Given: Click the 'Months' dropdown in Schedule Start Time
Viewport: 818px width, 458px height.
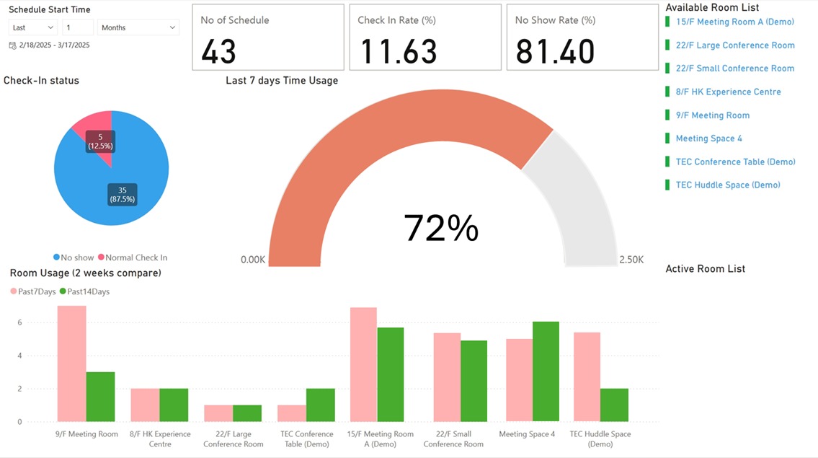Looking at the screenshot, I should pyautogui.click(x=138, y=27).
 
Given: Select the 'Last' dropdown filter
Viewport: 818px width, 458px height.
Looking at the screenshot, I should pyautogui.click(x=33, y=27).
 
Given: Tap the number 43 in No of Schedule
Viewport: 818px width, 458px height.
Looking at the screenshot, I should pyautogui.click(x=218, y=51).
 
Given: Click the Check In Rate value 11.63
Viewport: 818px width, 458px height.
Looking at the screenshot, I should pyautogui.click(x=399, y=51).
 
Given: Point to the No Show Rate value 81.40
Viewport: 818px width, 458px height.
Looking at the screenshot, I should pyautogui.click(x=555, y=51).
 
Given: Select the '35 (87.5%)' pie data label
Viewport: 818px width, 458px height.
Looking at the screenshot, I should pyautogui.click(x=122, y=194).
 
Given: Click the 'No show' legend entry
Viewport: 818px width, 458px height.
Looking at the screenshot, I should pyautogui.click(x=74, y=257).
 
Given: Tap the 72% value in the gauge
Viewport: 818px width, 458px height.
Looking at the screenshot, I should pyautogui.click(x=441, y=228).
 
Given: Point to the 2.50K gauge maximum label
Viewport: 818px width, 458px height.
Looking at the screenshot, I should pyautogui.click(x=631, y=260).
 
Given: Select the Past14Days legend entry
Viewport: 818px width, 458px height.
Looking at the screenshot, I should pyautogui.click(x=84, y=291).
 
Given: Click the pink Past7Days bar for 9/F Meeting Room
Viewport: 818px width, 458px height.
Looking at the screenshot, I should pyautogui.click(x=71, y=364).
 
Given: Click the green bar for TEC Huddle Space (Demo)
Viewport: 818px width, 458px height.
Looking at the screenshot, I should pyautogui.click(x=614, y=405).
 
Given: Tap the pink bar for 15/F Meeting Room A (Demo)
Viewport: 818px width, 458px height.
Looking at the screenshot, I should pyautogui.click(x=363, y=364).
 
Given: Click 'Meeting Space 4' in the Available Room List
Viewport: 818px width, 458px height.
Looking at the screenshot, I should pyautogui.click(x=708, y=138).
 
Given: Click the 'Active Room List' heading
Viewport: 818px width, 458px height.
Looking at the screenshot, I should pyautogui.click(x=705, y=269).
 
